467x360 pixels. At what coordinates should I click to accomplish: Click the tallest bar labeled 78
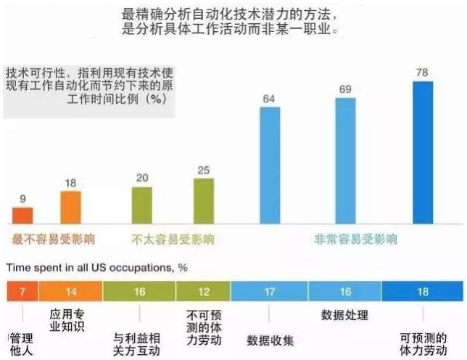click(423, 152)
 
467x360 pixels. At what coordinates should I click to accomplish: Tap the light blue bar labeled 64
click(269, 165)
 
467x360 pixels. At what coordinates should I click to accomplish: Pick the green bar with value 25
click(204, 201)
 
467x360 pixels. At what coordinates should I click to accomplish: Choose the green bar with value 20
click(142, 205)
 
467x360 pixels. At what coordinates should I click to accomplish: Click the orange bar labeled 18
click(70, 208)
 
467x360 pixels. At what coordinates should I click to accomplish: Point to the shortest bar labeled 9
click(22, 216)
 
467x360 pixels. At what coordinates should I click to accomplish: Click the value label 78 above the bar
click(423, 73)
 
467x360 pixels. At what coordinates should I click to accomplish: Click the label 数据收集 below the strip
click(270, 340)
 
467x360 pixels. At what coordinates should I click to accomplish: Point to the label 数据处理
click(344, 316)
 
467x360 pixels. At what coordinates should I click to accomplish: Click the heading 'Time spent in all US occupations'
click(97, 267)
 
